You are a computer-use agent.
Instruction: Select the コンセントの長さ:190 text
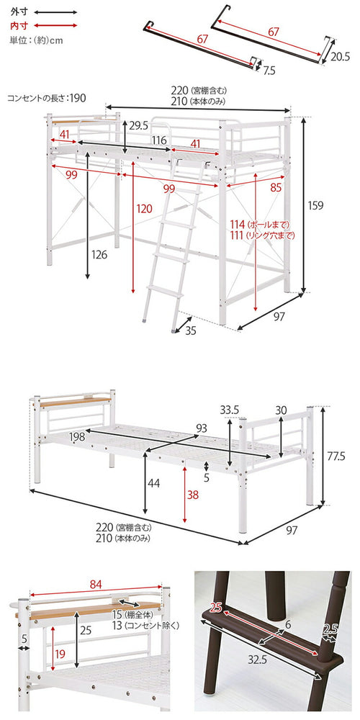coord(47,97)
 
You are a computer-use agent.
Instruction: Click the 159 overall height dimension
coord(315,205)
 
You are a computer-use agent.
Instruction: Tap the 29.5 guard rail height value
coord(138,125)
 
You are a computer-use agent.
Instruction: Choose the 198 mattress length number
coord(78,436)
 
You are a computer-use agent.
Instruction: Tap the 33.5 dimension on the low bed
coord(230,410)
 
